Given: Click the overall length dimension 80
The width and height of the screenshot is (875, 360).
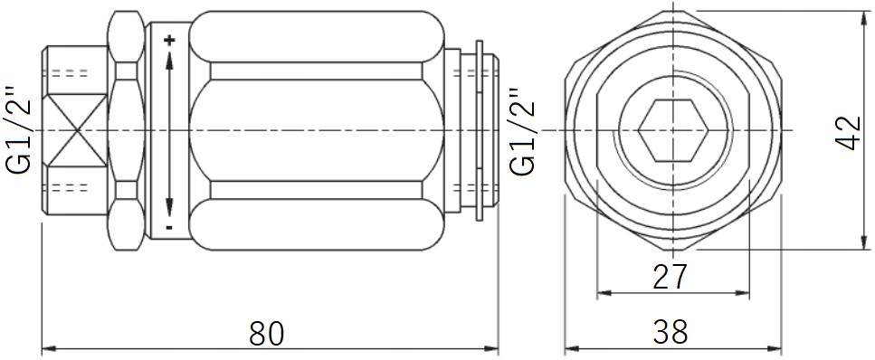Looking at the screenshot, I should pyautogui.click(x=267, y=334).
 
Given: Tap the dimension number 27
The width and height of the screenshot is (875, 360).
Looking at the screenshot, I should pyautogui.click(x=671, y=277).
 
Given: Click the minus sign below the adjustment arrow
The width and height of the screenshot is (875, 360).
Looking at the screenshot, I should pyautogui.click(x=169, y=227).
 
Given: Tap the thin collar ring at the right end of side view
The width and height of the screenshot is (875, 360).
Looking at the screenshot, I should pyautogui.click(x=480, y=131).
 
